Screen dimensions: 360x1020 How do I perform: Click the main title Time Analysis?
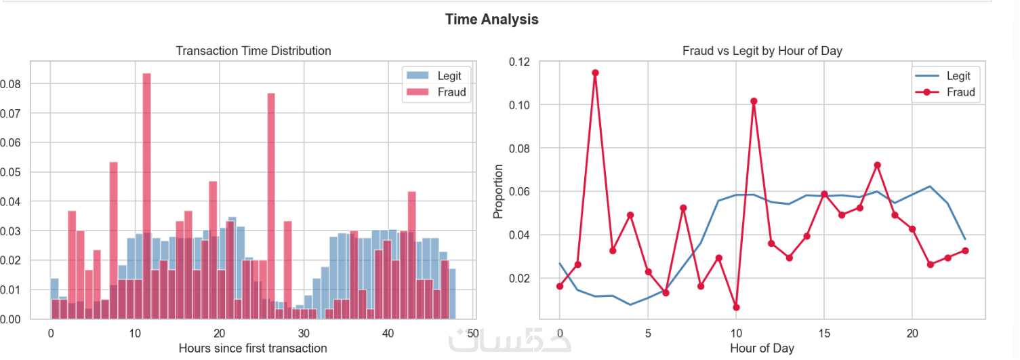[491, 19]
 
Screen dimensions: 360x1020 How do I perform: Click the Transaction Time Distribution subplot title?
[253, 51]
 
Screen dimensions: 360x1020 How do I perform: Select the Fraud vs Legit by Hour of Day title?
[762, 51]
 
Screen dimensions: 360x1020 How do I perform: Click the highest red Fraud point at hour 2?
[595, 73]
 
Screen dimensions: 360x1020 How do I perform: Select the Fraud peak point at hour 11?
[754, 101]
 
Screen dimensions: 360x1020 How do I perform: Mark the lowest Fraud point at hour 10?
[736, 308]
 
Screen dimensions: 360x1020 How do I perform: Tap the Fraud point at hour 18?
[877, 165]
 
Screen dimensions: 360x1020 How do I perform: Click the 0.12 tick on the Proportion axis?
[520, 62]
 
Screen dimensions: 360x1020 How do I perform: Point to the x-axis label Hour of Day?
[762, 348]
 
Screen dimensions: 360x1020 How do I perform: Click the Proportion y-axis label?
[499, 191]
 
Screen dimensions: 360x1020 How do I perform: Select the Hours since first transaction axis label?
[253, 348]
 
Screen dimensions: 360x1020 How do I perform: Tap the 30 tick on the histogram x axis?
[303, 334]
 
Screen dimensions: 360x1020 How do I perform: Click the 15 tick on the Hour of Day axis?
[824, 334]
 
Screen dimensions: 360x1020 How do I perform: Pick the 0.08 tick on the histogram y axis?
[13, 84]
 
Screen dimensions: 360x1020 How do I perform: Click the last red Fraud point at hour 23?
[965, 251]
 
